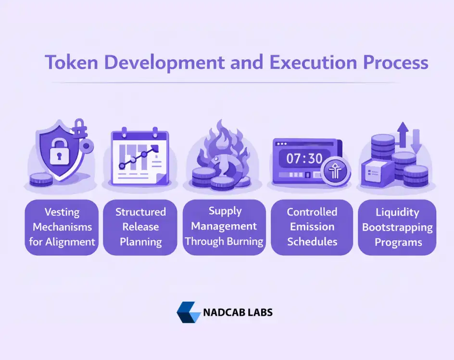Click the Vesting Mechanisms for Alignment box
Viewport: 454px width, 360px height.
click(62, 227)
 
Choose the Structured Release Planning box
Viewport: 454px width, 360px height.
click(140, 227)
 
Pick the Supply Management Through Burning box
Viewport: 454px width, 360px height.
click(225, 227)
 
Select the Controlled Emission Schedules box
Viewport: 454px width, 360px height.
click(312, 227)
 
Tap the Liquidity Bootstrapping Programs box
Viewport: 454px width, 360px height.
click(397, 227)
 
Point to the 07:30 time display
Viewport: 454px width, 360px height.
click(304, 158)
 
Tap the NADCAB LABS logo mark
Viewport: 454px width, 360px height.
click(188, 312)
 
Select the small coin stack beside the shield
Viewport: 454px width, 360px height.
click(41, 179)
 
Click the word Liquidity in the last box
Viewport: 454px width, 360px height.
click(397, 212)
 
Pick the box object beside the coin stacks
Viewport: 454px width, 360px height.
click(376, 170)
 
